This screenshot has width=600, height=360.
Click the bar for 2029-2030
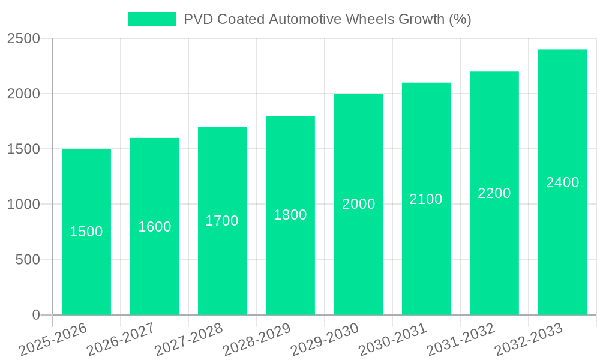click(358, 252)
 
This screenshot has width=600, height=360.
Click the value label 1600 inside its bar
click(155, 227)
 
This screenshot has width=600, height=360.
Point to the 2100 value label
click(426, 199)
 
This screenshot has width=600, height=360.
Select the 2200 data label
click(494, 193)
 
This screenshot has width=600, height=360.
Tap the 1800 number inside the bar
click(290, 215)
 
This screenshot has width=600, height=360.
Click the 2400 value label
click(562, 182)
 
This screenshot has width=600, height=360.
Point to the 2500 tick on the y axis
click(23, 39)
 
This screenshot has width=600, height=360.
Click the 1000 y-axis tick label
click(23, 205)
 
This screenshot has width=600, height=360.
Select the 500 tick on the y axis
click(28, 260)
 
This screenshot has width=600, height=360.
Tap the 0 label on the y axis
click(35, 315)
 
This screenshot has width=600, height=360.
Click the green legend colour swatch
click(152, 19)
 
